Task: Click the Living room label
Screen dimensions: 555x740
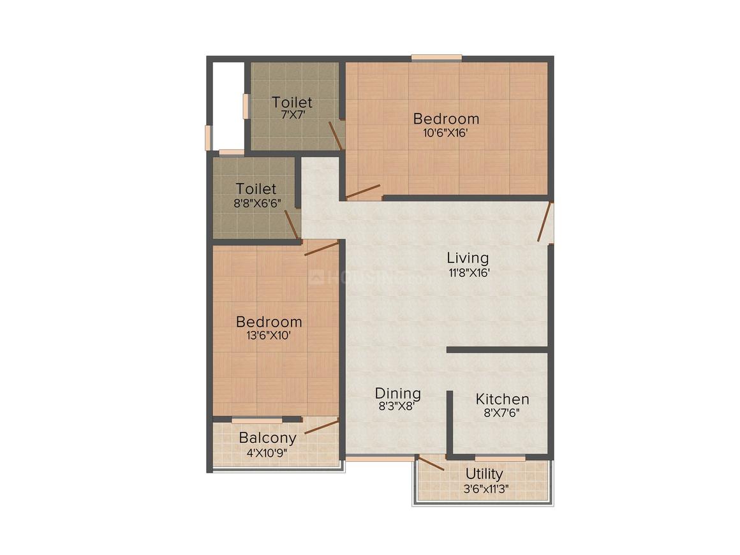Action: point(468,258)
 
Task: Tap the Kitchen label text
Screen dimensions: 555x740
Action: point(502,399)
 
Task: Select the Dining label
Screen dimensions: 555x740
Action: point(397,393)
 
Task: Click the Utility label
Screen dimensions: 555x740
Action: point(484,474)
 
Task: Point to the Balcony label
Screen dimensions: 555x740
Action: point(267,438)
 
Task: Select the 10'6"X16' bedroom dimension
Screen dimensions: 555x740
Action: point(446,133)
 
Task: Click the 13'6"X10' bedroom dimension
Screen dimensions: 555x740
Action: point(269,336)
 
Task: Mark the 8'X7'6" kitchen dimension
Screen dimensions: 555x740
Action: point(502,413)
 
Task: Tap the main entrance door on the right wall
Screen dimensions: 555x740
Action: point(544,222)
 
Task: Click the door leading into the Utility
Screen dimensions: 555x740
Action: point(431,463)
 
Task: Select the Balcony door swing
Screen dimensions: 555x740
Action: point(322,426)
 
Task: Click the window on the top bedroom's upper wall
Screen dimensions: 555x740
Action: point(436,58)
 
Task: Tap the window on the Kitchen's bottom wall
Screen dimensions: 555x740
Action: point(500,457)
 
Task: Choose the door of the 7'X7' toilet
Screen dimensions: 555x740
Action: point(336,135)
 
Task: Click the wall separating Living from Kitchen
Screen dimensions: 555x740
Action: point(498,350)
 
